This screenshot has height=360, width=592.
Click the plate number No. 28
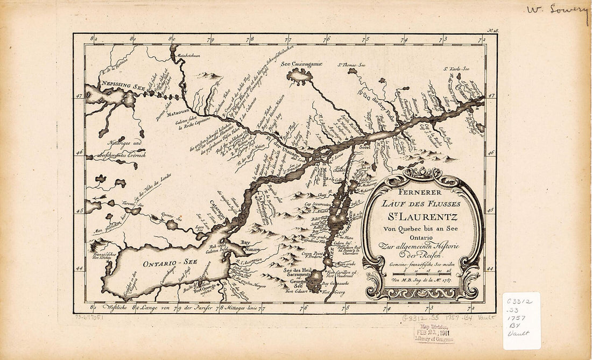pos(492,32)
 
